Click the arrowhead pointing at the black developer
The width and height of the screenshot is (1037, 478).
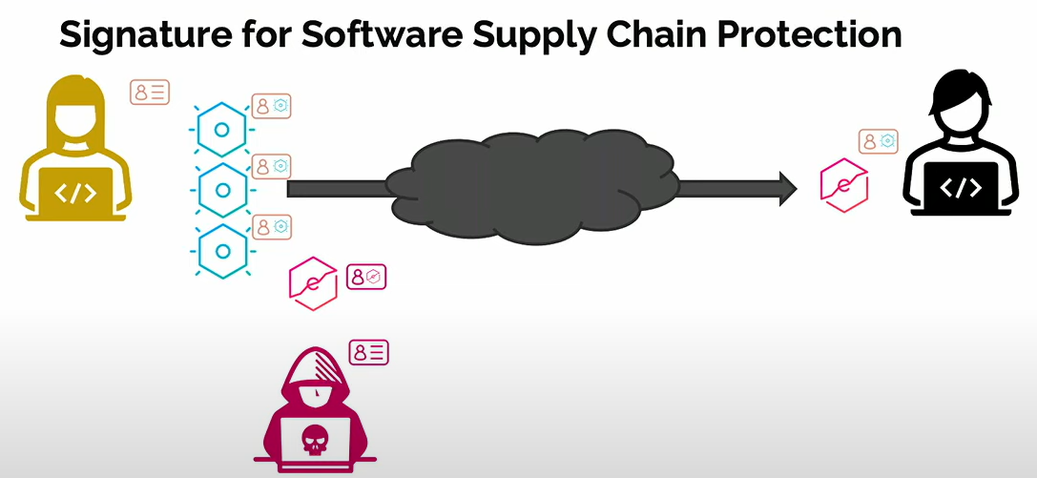point(788,188)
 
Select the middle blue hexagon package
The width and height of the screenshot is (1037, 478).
point(222,190)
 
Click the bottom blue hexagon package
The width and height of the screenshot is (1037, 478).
point(222,251)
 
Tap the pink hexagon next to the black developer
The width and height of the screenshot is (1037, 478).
point(844,184)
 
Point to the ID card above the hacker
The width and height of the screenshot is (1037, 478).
point(369,352)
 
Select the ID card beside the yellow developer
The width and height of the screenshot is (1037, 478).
point(150,93)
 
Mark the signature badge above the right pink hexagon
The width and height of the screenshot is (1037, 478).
point(879,141)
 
